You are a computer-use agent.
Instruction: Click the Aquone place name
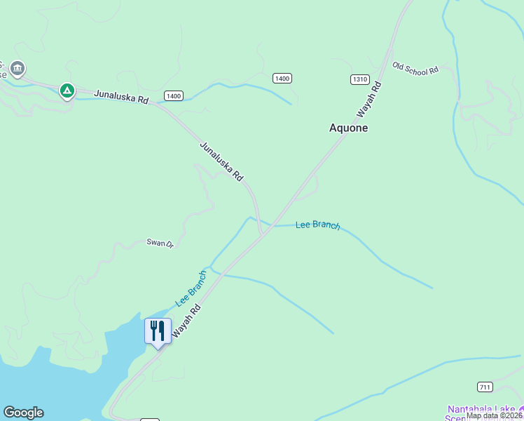[348, 128]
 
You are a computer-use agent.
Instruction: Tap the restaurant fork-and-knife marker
[158, 330]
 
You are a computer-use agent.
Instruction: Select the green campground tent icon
[67, 90]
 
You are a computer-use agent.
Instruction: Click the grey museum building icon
[18, 69]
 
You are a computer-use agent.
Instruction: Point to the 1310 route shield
[360, 79]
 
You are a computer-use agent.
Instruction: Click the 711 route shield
[485, 387]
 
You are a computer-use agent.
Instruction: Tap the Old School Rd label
[415, 69]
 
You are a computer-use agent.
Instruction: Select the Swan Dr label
[160, 243]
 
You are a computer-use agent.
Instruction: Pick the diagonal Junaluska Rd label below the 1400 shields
[221, 162]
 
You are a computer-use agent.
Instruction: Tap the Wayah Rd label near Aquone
[368, 100]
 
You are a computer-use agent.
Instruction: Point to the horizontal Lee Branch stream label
[317, 225]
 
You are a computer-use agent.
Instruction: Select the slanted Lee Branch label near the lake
[191, 288]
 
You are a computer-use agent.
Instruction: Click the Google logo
[23, 413]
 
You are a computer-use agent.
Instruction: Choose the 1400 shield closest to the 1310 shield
[282, 78]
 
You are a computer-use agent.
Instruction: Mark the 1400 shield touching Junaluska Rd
[174, 95]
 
